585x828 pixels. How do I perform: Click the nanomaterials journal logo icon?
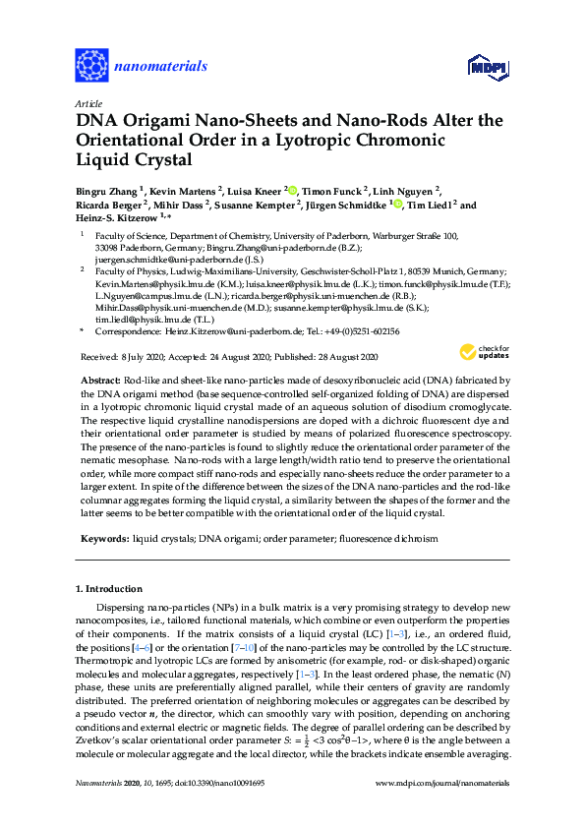click(x=91, y=66)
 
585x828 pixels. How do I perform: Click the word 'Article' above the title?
click(x=88, y=103)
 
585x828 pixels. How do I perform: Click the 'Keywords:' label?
click(x=103, y=539)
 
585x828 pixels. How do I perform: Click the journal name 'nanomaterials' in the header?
click(x=161, y=67)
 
